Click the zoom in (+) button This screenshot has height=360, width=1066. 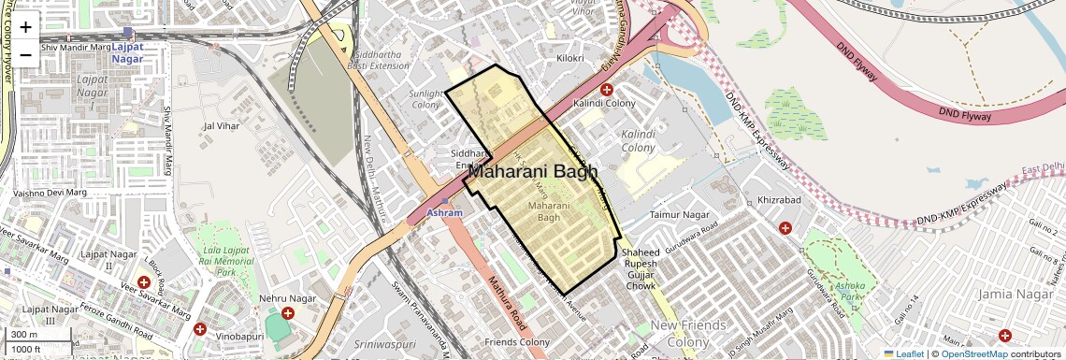[25, 27]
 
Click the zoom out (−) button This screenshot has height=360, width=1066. [25, 54]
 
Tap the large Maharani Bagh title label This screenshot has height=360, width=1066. [532, 171]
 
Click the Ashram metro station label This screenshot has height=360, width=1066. [444, 213]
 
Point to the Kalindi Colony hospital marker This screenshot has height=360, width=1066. [606, 90]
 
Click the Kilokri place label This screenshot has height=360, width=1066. [569, 58]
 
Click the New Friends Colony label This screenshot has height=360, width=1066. [688, 333]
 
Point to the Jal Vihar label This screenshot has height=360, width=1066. [223, 124]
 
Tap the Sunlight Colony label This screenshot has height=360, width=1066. [426, 99]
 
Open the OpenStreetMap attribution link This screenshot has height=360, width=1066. [973, 353]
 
